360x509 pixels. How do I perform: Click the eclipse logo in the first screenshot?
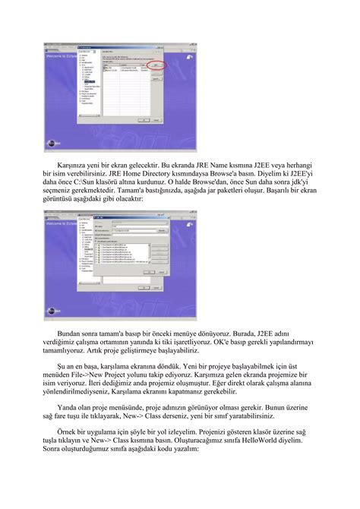tap(51, 141)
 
